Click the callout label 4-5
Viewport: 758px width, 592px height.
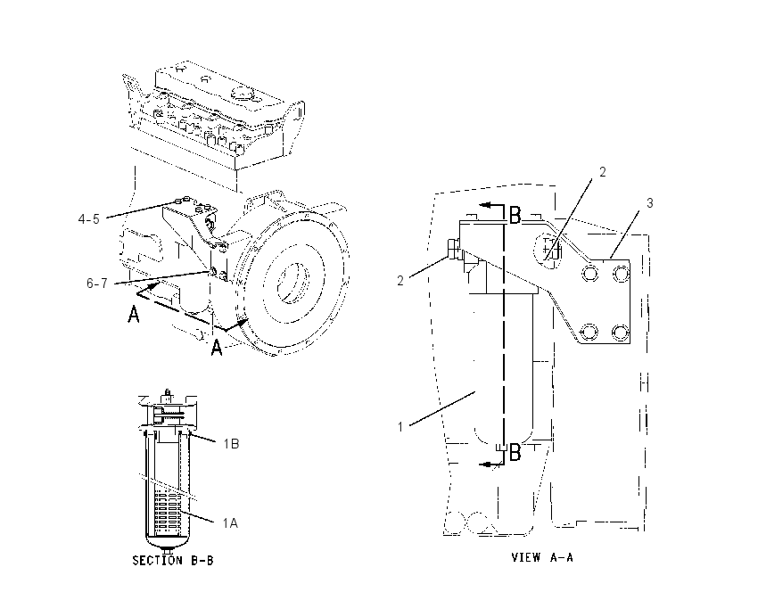coord(89,219)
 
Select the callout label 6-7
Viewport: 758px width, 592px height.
coord(97,284)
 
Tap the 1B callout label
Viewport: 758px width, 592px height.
coord(231,444)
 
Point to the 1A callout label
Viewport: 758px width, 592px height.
coord(230,522)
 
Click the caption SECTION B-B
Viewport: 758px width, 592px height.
coord(173,560)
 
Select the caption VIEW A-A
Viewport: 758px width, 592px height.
coord(542,557)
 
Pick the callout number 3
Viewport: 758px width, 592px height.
coord(650,203)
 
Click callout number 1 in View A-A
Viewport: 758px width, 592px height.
coord(400,427)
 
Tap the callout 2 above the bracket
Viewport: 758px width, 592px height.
coord(602,171)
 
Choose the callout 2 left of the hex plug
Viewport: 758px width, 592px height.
coord(400,280)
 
